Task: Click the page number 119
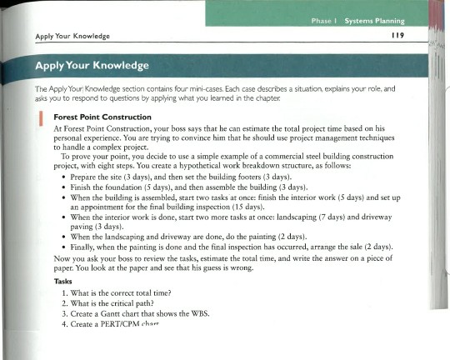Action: pos(397,36)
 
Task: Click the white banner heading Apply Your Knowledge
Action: pos(93,65)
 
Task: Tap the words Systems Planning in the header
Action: pos(374,20)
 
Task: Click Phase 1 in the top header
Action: pos(324,20)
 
